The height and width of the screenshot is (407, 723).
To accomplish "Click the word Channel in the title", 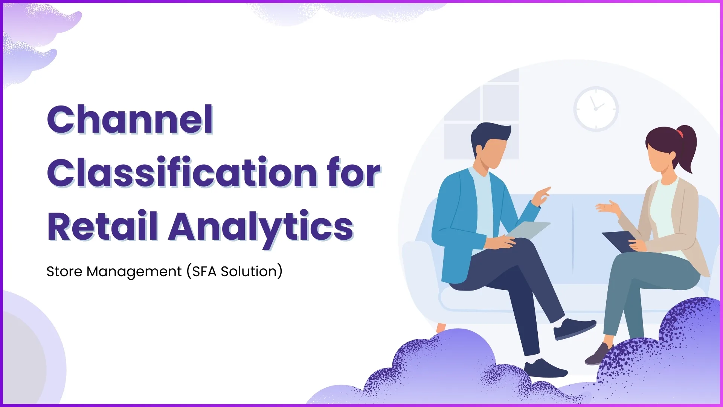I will (130, 119).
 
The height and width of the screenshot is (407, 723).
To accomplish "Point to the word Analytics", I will (261, 227).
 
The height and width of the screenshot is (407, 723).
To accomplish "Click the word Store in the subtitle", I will (64, 271).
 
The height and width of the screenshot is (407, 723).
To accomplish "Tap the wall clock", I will (596, 109).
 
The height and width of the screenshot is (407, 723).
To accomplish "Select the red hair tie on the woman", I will (680, 133).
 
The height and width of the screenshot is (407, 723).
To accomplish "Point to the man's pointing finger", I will (545, 191).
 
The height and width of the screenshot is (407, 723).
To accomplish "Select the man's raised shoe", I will (574, 327).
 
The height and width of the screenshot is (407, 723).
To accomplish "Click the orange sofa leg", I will (441, 327).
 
